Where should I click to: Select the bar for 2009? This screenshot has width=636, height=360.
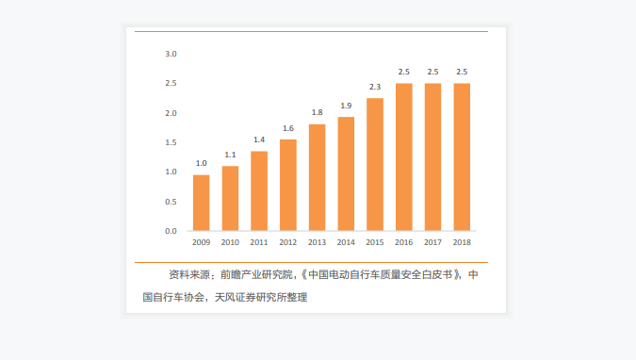pos(201,203)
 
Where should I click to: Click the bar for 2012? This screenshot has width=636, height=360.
pos(288,185)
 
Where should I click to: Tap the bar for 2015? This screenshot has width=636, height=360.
pos(375,164)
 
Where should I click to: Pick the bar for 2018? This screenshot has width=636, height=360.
pos(462,156)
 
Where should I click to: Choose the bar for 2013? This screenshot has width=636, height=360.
pos(317,177)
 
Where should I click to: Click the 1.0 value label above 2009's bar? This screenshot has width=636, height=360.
pos(201,164)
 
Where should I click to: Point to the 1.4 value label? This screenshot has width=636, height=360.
pos(259,139)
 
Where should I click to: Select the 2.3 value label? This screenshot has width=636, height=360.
pos(375,87)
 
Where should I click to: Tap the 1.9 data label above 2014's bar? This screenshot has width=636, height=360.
pos(346,106)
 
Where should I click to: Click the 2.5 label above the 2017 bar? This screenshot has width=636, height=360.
pos(432,72)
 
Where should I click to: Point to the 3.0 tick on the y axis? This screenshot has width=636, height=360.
pos(171,54)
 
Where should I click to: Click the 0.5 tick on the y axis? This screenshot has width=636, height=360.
pos(171,202)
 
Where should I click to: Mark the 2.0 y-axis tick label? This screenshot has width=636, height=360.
pos(171,113)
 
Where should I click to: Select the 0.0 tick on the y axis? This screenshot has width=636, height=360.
pos(171,231)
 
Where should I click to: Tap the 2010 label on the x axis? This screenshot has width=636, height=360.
pos(230,242)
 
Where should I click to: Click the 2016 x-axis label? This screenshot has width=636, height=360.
pos(404,242)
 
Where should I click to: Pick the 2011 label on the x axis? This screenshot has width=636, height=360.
pos(259,242)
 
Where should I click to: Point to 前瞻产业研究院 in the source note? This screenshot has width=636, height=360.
pos(257,275)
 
